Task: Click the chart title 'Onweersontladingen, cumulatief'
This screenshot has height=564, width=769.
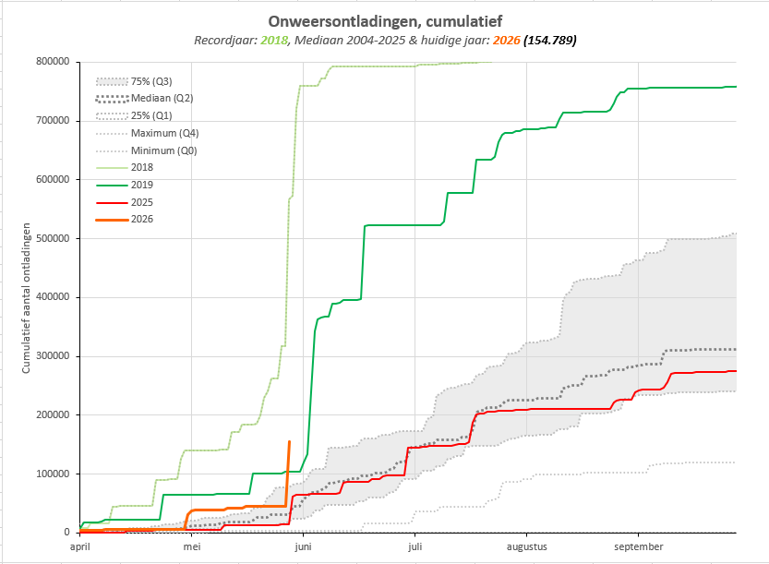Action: [385, 21]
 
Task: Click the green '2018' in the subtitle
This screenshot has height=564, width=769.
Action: [273, 41]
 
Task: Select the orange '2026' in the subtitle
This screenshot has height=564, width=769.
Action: [506, 41]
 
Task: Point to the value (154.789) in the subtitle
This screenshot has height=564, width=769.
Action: [550, 41]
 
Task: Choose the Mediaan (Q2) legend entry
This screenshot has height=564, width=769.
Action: [144, 98]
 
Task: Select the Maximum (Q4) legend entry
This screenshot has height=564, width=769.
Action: [147, 134]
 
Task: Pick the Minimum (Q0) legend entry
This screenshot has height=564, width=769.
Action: [146, 150]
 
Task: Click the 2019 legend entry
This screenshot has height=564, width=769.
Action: [125, 185]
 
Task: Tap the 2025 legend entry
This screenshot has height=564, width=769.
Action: [125, 202]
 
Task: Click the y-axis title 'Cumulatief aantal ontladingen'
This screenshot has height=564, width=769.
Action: [26, 298]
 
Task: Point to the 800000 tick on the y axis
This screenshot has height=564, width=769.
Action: [53, 62]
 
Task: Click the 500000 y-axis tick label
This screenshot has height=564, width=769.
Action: [53, 238]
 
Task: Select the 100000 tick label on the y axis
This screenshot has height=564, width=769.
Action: [53, 474]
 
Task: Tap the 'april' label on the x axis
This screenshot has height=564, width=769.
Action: [80, 546]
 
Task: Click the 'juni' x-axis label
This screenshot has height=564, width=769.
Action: [303, 546]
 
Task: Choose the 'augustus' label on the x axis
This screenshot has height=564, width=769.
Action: [527, 546]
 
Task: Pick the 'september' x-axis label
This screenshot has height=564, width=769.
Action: [639, 546]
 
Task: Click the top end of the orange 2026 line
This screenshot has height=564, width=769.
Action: [289, 442]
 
